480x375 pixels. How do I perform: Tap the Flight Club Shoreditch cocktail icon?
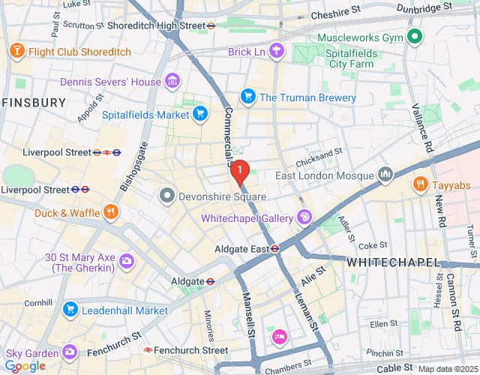tap(16, 52)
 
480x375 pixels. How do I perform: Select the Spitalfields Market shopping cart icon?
tap(199, 114)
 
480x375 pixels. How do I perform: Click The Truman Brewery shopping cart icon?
tap(247, 97)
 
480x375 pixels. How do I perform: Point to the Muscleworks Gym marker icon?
tap(414, 36)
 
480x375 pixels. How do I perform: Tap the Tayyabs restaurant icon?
tap(420, 184)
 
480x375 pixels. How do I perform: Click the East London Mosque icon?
tap(385, 175)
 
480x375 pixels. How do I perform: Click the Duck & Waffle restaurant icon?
tap(111, 212)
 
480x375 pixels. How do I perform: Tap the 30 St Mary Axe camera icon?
tap(127, 262)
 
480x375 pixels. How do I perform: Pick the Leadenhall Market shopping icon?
tap(70, 309)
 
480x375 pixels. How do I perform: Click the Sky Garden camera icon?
tap(70, 352)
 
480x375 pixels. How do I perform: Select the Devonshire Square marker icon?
tap(166, 196)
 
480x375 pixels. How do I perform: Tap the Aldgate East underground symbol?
tap(275, 248)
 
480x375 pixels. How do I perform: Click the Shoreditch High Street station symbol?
tap(212, 25)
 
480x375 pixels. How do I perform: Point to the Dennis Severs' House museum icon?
tap(172, 81)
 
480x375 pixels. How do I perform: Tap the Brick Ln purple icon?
tap(277, 51)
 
